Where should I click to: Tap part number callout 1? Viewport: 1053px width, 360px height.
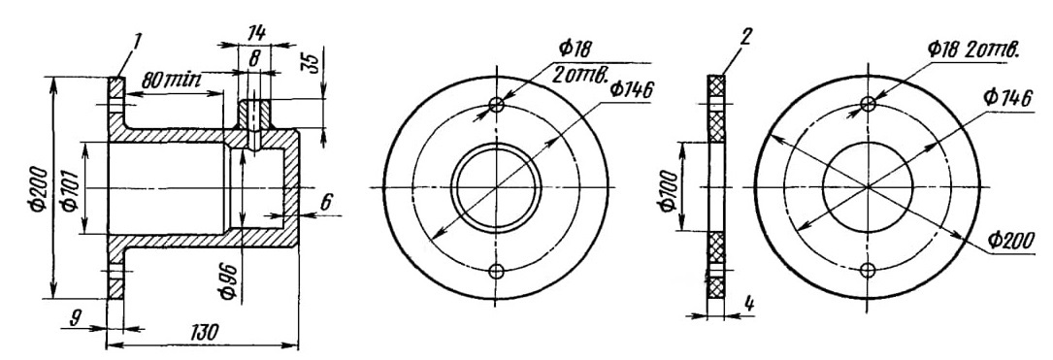(x=137, y=42)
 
